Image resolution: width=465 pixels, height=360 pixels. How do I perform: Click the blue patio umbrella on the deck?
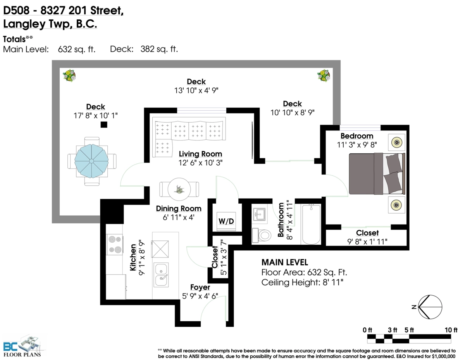click(x=91, y=161)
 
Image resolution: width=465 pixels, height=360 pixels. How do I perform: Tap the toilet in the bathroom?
click(x=262, y=236)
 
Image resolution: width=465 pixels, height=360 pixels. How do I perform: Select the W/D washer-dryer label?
click(x=226, y=221)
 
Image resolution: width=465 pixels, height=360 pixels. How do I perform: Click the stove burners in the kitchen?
click(x=115, y=244)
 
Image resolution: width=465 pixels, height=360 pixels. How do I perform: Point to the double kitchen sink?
click(x=161, y=274)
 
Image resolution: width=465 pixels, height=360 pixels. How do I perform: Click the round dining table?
click(x=179, y=189)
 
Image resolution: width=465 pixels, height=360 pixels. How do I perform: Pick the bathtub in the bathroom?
click(x=311, y=225)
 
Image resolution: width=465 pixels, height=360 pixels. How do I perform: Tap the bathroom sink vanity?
click(x=259, y=214)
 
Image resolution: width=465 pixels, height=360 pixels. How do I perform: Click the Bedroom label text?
click(x=357, y=136)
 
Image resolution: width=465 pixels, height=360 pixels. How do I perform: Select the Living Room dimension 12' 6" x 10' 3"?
click(x=200, y=163)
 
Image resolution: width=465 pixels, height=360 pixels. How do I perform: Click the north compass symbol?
click(x=430, y=307)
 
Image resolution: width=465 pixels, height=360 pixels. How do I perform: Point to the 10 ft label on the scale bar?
click(x=451, y=330)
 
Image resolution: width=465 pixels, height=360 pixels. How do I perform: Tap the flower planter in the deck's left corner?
click(x=69, y=75)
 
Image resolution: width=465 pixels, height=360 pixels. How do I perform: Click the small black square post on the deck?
click(x=104, y=125)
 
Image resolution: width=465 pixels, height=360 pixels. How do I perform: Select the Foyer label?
click(x=200, y=288)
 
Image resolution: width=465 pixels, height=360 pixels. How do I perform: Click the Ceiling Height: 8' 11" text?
click(x=302, y=283)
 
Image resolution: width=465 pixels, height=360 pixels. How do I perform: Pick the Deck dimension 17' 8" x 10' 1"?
click(x=96, y=116)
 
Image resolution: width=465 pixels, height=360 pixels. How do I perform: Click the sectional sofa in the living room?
click(x=189, y=137)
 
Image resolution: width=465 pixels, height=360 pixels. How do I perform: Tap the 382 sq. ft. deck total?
click(x=159, y=49)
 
